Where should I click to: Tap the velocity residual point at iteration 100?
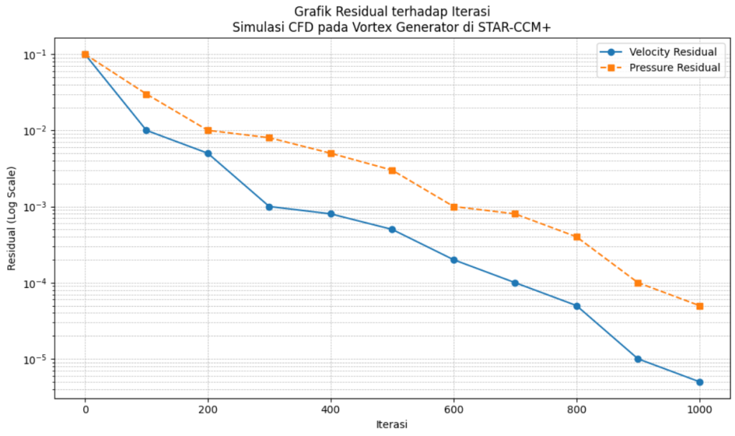point(146,130)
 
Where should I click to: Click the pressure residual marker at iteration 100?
point(146,94)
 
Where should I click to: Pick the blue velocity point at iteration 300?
point(269,206)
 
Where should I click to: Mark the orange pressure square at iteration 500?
point(392,170)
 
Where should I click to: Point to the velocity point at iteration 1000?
point(699,382)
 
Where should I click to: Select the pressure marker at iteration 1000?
point(699,306)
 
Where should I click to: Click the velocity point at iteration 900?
point(638,359)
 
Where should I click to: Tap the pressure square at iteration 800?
point(576,237)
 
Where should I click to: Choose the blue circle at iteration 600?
point(454,260)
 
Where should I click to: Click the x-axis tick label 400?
point(331,409)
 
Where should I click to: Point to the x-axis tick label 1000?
point(699,409)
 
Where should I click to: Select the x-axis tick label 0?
point(85,409)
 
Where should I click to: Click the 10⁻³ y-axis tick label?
point(36,207)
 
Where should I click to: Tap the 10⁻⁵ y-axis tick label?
point(36,359)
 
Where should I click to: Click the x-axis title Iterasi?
point(392,425)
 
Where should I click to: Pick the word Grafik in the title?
point(311,12)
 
